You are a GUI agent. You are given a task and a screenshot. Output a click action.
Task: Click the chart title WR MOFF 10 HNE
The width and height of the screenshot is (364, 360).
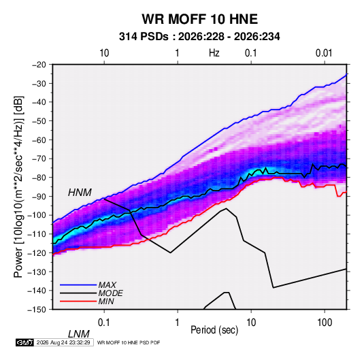coord(199,19)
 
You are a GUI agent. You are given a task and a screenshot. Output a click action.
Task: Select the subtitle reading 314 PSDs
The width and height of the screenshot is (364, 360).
coord(144,37)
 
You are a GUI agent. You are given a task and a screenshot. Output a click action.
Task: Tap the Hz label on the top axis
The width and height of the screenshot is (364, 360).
coord(214,53)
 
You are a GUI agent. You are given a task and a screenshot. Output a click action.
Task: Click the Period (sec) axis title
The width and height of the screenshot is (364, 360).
coord(214,329)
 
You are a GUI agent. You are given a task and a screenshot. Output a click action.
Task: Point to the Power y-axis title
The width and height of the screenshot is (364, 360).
coord(18,186)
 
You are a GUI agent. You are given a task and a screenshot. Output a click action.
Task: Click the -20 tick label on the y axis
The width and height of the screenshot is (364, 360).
coord(39,65)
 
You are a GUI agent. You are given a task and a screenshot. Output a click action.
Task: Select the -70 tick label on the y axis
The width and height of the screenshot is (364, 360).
coord(39,159)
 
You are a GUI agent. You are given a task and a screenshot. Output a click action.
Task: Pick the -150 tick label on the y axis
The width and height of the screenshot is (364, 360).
coord(37,310)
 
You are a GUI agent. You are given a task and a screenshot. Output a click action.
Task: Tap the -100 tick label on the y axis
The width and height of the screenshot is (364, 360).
coord(37,215)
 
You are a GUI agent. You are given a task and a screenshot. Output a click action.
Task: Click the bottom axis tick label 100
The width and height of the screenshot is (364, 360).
coord(325,323)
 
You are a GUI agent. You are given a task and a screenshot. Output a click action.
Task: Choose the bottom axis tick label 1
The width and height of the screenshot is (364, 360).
coord(178,323)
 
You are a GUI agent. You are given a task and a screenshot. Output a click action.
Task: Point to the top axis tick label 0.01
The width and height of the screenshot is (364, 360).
coord(324,53)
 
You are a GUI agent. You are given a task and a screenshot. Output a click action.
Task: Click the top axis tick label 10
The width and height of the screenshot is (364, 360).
coord(104,53)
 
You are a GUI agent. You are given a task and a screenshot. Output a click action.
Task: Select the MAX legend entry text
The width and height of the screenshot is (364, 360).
coord(107,284)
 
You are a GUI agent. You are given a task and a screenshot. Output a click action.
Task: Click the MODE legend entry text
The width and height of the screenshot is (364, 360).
coord(110,293)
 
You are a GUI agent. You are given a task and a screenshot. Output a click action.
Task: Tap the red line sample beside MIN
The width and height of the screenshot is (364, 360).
coord(78,301)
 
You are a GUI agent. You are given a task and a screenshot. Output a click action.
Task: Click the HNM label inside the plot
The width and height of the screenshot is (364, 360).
coord(80,193)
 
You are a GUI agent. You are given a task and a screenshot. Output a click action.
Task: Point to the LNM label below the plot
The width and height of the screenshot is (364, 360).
coord(79,334)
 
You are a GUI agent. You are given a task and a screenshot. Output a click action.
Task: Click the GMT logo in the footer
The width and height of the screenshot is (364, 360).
coord(24,342)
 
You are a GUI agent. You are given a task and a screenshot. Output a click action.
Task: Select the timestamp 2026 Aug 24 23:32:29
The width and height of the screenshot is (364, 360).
coord(63,342)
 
